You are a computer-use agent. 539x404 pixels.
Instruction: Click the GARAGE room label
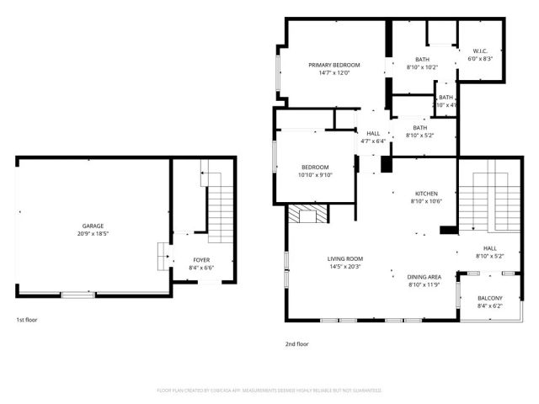point(93,226)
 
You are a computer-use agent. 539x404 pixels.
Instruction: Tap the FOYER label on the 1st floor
point(201,260)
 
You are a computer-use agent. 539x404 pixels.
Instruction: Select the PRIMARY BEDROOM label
point(334,65)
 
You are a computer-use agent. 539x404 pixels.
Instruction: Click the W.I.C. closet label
point(479,50)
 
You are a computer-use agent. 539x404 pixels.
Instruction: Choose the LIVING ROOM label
point(345,258)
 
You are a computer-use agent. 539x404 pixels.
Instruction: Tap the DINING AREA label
point(424,277)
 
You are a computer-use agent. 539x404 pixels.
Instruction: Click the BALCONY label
point(489,298)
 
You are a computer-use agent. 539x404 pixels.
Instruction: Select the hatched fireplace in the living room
point(302,215)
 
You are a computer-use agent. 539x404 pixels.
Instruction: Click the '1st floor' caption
point(27,320)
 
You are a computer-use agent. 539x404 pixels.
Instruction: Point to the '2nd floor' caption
point(297,343)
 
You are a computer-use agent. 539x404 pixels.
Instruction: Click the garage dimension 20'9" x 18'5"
point(93,234)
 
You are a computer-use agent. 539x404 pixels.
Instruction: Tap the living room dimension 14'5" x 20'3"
point(345,267)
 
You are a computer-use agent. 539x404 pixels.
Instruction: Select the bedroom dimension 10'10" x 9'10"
point(315,175)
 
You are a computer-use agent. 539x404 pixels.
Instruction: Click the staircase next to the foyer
point(220,203)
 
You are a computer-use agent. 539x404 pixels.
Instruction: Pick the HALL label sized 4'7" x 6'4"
point(373,133)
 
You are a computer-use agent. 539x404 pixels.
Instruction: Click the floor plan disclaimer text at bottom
point(269,391)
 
